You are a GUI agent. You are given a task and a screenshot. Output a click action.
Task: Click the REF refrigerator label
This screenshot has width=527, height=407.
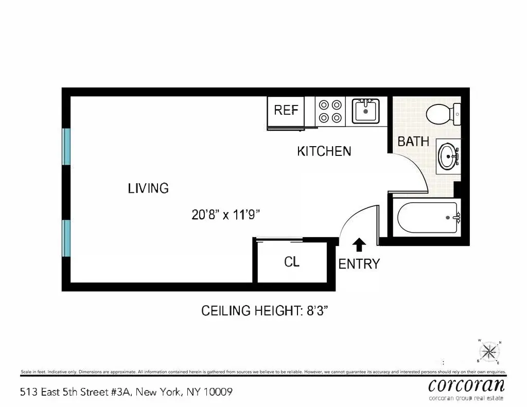[286, 110]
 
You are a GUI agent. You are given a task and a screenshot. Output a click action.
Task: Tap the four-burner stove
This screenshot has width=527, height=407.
[330, 111]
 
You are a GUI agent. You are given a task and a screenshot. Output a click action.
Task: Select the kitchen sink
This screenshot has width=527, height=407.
[365, 111]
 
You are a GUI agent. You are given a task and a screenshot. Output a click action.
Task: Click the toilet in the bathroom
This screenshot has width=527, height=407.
[443, 114]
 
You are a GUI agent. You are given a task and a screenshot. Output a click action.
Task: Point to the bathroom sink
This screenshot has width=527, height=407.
[448, 154]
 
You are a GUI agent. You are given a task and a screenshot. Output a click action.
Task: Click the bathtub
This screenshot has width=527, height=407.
[427, 218]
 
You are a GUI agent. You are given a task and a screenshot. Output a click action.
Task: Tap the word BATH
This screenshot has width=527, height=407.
[413, 141]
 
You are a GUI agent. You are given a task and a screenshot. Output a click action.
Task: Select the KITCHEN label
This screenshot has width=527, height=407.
[324, 151]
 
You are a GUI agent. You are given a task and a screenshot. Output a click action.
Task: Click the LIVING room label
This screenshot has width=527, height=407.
[148, 188]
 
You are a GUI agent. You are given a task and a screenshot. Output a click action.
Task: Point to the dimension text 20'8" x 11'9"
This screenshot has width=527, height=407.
[225, 215]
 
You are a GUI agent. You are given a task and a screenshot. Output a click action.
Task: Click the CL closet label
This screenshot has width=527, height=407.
[292, 262]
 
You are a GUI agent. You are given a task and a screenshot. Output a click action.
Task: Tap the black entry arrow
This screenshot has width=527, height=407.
[359, 244]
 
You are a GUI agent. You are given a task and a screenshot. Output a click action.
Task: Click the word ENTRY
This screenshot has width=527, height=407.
[359, 264]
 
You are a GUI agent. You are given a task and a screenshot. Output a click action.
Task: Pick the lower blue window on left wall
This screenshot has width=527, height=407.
[66, 238]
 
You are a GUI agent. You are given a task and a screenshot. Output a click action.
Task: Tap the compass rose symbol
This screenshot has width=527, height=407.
[489, 352]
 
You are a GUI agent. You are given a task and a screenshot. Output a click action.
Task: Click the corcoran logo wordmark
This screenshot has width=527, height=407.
[466, 385]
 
